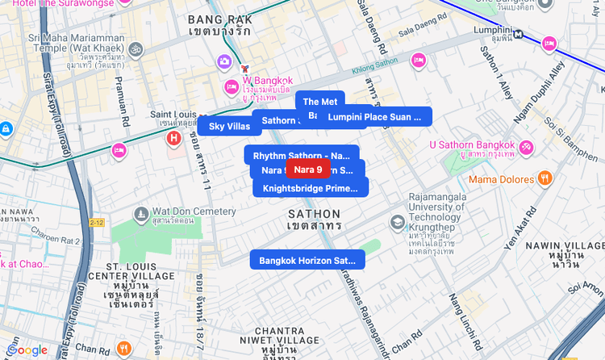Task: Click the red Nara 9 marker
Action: tap(307, 170)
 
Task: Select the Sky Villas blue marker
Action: tap(229, 126)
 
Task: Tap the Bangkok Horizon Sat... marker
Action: tap(307, 260)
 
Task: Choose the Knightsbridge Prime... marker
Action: tap(310, 188)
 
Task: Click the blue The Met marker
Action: tap(320, 101)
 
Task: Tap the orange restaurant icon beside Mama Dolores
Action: tap(545, 178)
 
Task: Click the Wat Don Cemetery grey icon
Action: tap(141, 214)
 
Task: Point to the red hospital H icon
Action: tap(173, 138)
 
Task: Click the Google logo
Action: tap(27, 350)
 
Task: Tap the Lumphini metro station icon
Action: tap(519, 34)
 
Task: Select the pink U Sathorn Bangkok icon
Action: tap(526, 147)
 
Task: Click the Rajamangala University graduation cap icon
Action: tap(397, 221)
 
